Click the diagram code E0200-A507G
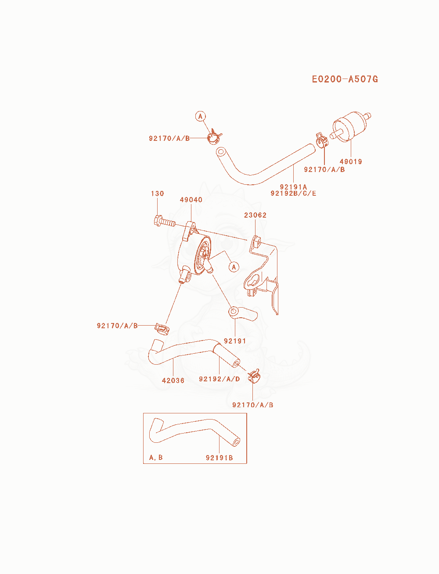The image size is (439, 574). (345, 79)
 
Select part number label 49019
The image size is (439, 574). (351, 161)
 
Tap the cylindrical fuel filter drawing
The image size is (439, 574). (350, 127)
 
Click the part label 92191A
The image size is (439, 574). (293, 187)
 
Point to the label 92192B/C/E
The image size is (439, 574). (293, 194)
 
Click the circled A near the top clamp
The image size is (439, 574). (201, 116)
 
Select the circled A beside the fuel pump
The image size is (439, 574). (234, 267)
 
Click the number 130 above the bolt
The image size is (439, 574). (157, 194)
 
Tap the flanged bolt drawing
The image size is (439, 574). (165, 222)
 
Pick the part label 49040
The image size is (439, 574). (191, 200)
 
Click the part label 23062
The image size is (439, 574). (255, 215)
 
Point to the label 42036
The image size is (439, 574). (173, 380)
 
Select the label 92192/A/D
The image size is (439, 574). (219, 379)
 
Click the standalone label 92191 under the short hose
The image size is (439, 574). (235, 341)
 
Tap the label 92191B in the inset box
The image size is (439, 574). (219, 458)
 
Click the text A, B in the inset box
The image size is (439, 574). (156, 458)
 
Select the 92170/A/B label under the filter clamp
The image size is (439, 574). (324, 169)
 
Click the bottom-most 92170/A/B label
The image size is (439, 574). (253, 405)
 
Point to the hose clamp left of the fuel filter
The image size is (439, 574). (321, 140)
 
